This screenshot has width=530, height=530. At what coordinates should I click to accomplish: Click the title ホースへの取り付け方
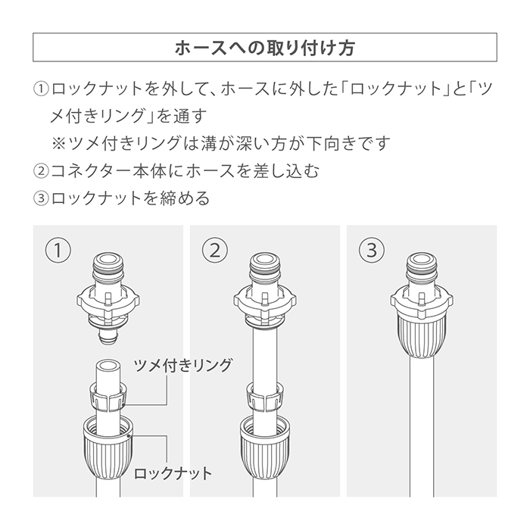(265, 48)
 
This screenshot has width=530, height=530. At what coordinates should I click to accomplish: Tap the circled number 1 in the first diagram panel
(58, 251)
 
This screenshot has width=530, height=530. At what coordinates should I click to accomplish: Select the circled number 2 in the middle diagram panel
(215, 251)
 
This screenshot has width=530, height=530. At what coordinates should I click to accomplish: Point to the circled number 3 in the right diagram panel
(372, 251)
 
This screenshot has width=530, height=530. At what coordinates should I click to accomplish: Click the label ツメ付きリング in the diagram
(183, 366)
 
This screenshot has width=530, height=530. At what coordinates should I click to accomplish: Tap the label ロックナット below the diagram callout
(173, 473)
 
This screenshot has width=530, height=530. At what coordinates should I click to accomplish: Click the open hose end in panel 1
(108, 366)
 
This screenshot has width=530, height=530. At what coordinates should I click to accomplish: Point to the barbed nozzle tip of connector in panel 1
(108, 336)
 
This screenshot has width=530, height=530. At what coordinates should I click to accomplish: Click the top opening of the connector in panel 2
(265, 260)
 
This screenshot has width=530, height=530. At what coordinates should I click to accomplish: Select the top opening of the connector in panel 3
(422, 260)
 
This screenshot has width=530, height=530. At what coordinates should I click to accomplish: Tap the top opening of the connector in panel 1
(108, 260)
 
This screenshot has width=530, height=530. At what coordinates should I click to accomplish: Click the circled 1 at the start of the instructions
(41, 89)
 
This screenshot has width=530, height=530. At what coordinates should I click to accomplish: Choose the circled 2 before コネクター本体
(41, 171)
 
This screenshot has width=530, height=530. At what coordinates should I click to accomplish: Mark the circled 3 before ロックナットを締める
(41, 198)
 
